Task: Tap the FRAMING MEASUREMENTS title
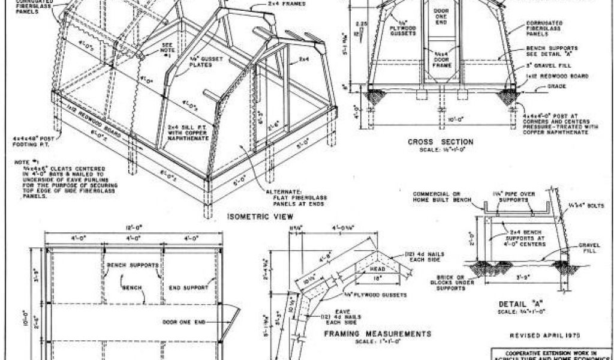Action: pyautogui.click(x=378, y=334)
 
